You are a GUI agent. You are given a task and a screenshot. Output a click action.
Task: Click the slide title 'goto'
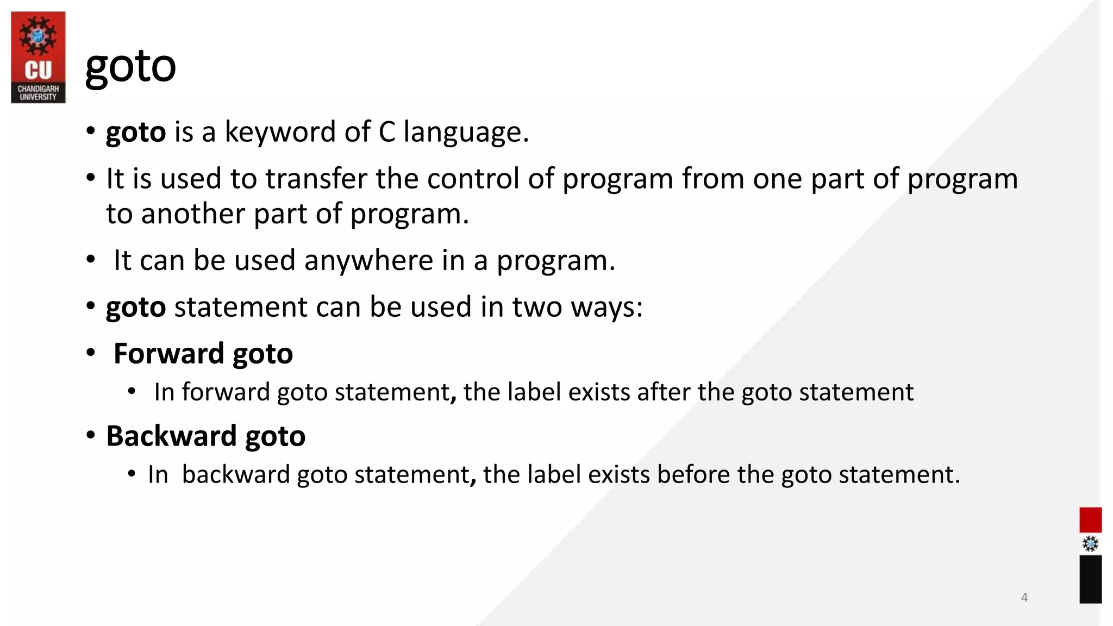[x=130, y=67]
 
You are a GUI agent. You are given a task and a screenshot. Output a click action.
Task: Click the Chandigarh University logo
[x=38, y=57]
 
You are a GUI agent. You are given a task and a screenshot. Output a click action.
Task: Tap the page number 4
[x=1024, y=597]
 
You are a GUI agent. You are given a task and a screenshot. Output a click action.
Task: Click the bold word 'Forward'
[x=168, y=354]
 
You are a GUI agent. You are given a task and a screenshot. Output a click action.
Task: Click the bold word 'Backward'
[x=171, y=436]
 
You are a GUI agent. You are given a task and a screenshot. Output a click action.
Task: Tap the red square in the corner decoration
[x=1090, y=519]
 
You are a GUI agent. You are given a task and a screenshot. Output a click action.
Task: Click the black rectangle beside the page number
[x=1090, y=579]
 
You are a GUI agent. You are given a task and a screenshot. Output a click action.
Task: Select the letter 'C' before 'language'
[x=386, y=132]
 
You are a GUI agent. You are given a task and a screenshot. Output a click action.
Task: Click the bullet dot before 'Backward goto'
[x=91, y=435]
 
